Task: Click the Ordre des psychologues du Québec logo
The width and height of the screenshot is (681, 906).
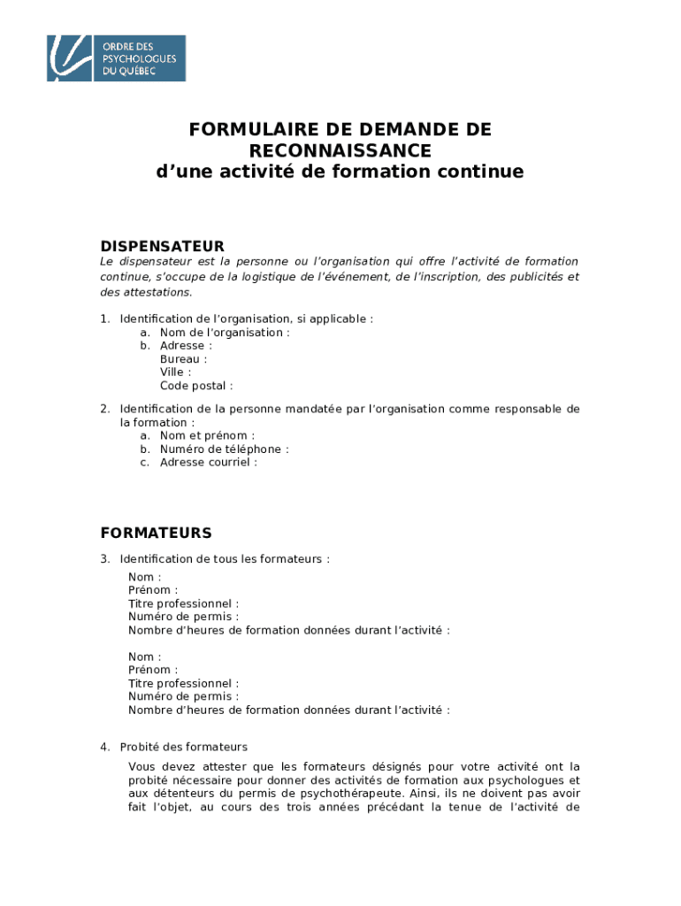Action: pos(116,58)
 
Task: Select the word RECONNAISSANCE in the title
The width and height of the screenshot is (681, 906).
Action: pos(340,150)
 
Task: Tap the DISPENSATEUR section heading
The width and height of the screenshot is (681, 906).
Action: pos(162,246)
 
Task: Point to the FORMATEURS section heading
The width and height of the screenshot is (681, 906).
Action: pos(156,533)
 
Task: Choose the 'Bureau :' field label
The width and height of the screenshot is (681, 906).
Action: pos(183,359)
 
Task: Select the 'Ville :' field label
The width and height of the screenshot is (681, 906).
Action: pos(175,372)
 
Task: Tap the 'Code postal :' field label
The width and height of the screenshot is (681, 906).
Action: pos(196,386)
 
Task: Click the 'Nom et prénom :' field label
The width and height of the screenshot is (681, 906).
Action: pos(207,435)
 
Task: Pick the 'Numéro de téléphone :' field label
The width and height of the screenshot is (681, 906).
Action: pos(224,449)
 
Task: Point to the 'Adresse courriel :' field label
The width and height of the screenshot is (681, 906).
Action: pos(209,462)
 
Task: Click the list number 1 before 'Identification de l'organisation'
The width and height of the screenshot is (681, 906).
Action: pos(104,319)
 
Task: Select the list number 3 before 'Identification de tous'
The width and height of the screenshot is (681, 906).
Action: pos(104,559)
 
